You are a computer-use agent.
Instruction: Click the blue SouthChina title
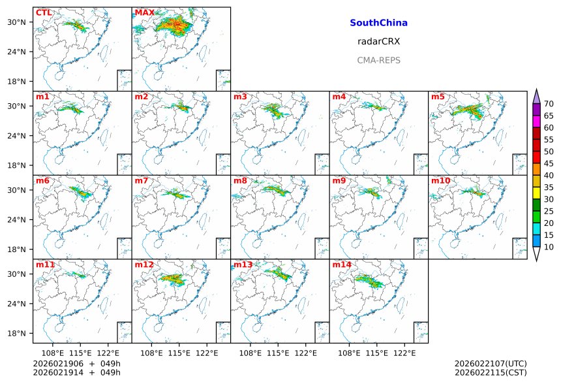(378, 23)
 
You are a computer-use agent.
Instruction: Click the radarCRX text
(378, 41)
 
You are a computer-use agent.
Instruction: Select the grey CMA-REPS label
(378, 60)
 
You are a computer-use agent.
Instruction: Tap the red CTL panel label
(44, 13)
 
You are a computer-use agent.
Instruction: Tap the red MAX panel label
(144, 13)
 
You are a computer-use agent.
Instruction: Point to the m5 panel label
(437, 97)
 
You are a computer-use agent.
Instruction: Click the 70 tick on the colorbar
(549, 104)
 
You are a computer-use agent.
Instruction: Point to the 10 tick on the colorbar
(549, 247)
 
